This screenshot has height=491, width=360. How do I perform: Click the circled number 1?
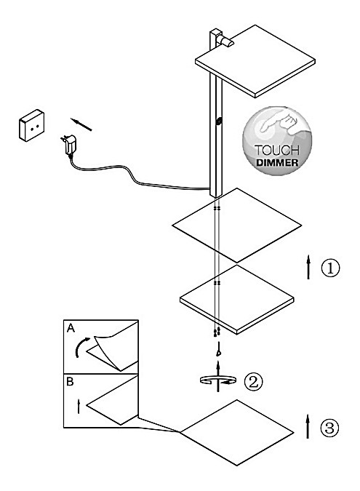[330, 268]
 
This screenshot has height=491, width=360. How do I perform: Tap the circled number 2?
[253, 381]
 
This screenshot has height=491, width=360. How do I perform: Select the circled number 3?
[329, 428]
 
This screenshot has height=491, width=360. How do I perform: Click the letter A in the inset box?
[71, 328]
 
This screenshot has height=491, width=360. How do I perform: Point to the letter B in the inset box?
[70, 382]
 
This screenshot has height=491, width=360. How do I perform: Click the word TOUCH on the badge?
[277, 151]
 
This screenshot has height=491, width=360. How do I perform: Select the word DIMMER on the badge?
[277, 162]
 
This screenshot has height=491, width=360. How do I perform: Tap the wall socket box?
[31, 125]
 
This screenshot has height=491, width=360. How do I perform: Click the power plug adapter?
[68, 145]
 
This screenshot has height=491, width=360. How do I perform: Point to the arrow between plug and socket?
[81, 124]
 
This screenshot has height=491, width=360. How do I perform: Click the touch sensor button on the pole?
[219, 121]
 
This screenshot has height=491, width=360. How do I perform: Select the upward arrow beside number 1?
[308, 267]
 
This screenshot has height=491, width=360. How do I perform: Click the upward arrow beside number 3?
[308, 426]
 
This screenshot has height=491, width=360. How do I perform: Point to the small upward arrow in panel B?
[79, 406]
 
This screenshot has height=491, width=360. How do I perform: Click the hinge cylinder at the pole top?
[226, 41]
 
